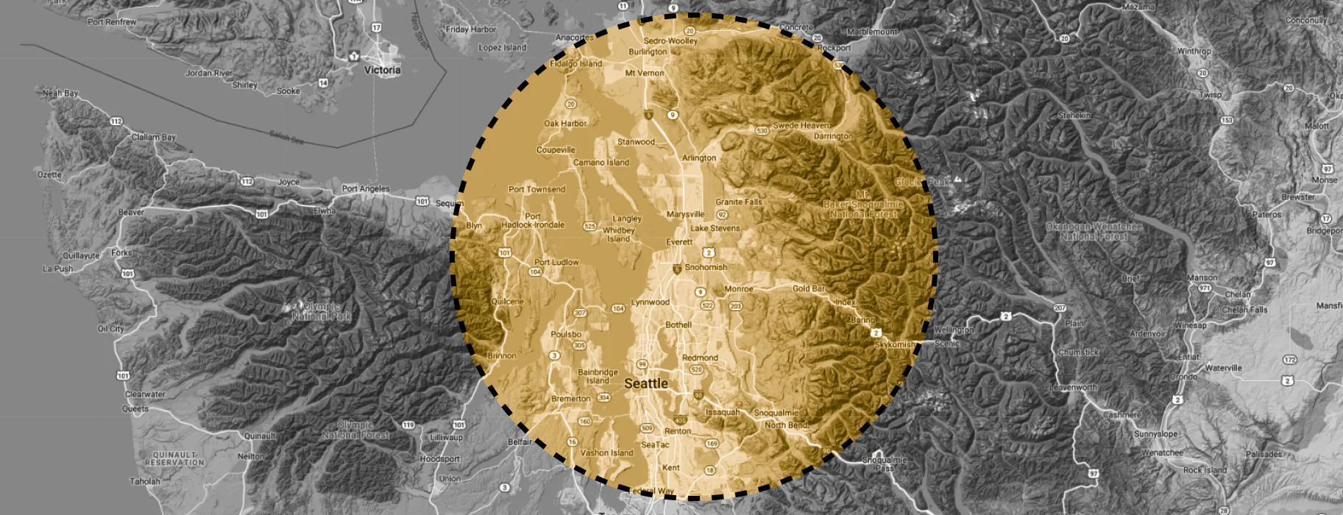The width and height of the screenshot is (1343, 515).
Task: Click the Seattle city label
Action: tap(646, 383)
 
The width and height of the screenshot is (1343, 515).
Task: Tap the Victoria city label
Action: tap(383, 70)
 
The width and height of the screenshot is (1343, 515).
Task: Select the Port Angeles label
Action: tap(366, 188)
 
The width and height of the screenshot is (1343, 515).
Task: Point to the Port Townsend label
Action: tap(537, 189)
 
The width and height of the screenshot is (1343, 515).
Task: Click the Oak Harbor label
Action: tap(565, 124)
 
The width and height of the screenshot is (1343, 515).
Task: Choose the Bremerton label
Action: tap(571, 399)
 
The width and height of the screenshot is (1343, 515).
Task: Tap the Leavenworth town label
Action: tap(1073, 387)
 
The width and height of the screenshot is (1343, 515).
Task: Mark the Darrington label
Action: tap(833, 136)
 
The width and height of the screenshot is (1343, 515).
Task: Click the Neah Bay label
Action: tap(60, 93)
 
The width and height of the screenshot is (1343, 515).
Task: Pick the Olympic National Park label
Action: tap(322, 311)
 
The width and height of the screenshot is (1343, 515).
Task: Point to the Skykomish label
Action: tap(895, 344)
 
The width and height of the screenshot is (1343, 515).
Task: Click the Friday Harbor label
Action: tap(471, 29)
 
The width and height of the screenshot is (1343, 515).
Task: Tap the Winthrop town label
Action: tap(1194, 51)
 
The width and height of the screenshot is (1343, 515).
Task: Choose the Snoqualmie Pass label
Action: tap(885, 464)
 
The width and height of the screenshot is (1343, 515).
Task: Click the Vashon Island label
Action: tap(606, 453)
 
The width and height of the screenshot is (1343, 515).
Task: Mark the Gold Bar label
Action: tap(809, 288)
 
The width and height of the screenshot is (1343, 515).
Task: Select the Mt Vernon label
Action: tap(645, 73)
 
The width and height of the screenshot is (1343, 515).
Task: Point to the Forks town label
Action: tap(122, 252)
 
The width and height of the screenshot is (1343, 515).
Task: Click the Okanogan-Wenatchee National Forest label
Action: tap(1094, 231)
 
